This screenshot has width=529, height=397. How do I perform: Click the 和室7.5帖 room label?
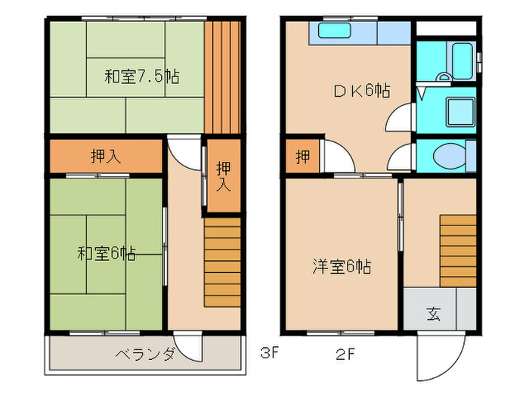(x=141, y=76)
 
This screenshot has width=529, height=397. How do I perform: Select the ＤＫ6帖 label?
(x=362, y=91)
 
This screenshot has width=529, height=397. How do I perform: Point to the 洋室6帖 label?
(x=342, y=267)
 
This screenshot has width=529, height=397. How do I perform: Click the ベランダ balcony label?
(x=146, y=354)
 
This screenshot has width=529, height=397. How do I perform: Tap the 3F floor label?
(x=268, y=353)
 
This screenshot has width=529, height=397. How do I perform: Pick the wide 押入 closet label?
(x=107, y=157)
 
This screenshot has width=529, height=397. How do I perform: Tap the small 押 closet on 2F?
(x=302, y=157)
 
